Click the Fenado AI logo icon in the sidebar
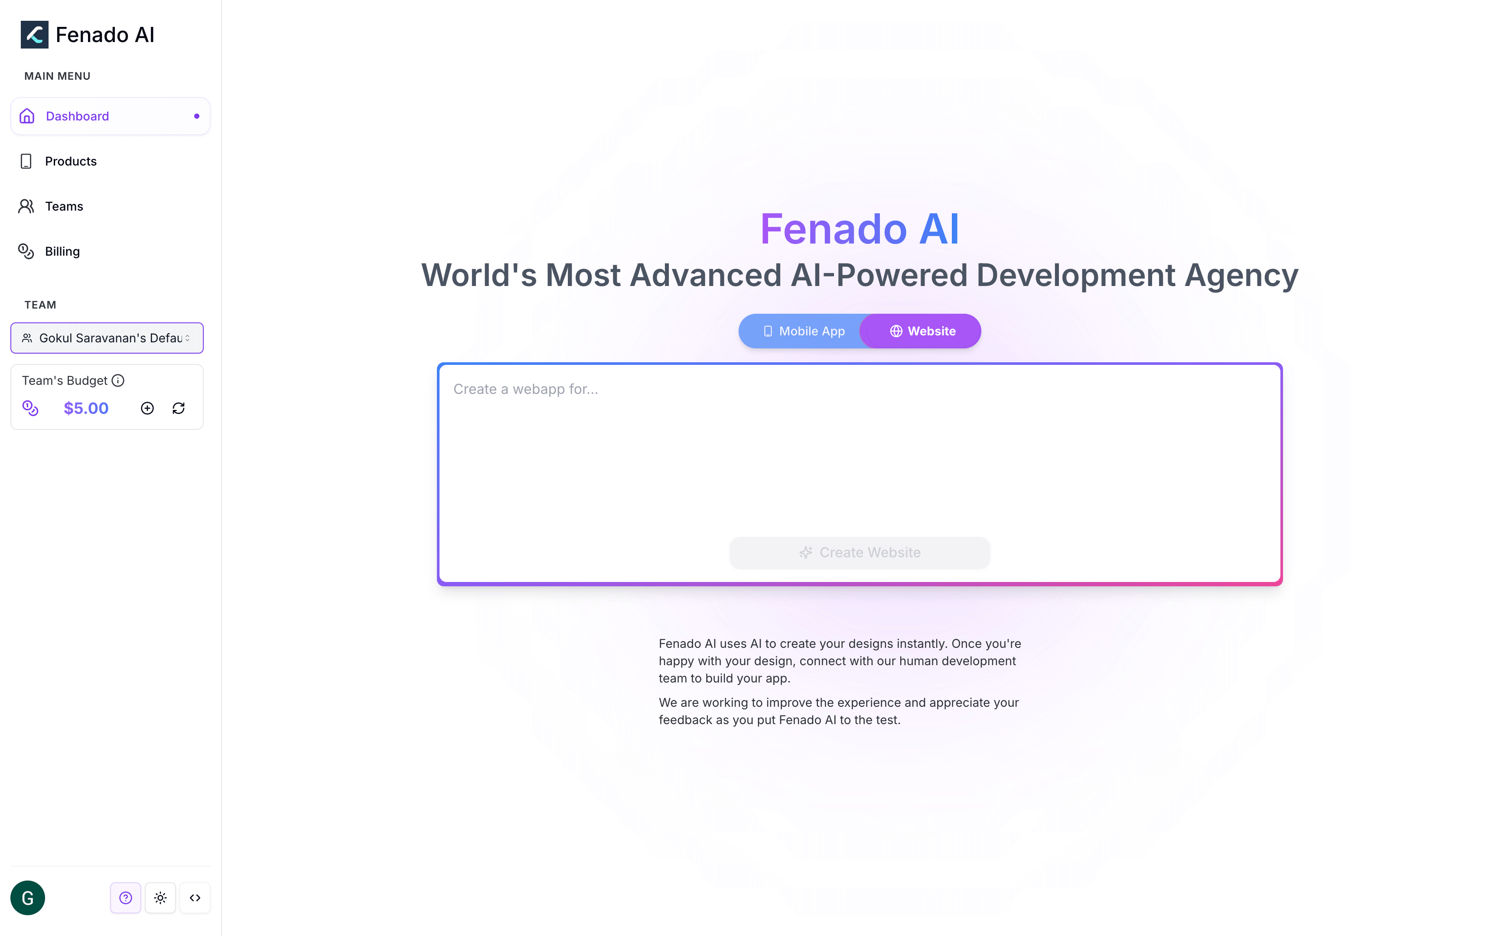[x=34, y=35]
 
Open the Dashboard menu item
[x=78, y=117]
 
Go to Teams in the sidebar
[x=64, y=207]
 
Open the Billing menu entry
[x=62, y=251]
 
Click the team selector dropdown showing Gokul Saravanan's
[x=107, y=338]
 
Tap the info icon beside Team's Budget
[x=117, y=381]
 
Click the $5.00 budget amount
[x=86, y=409]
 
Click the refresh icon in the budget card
[x=178, y=409]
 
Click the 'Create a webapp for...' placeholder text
[x=525, y=390]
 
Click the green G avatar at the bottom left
[x=28, y=897]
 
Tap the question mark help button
[x=126, y=897]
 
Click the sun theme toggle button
[x=160, y=897]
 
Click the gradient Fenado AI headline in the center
[x=859, y=229]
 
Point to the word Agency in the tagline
[x=1241, y=276]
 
